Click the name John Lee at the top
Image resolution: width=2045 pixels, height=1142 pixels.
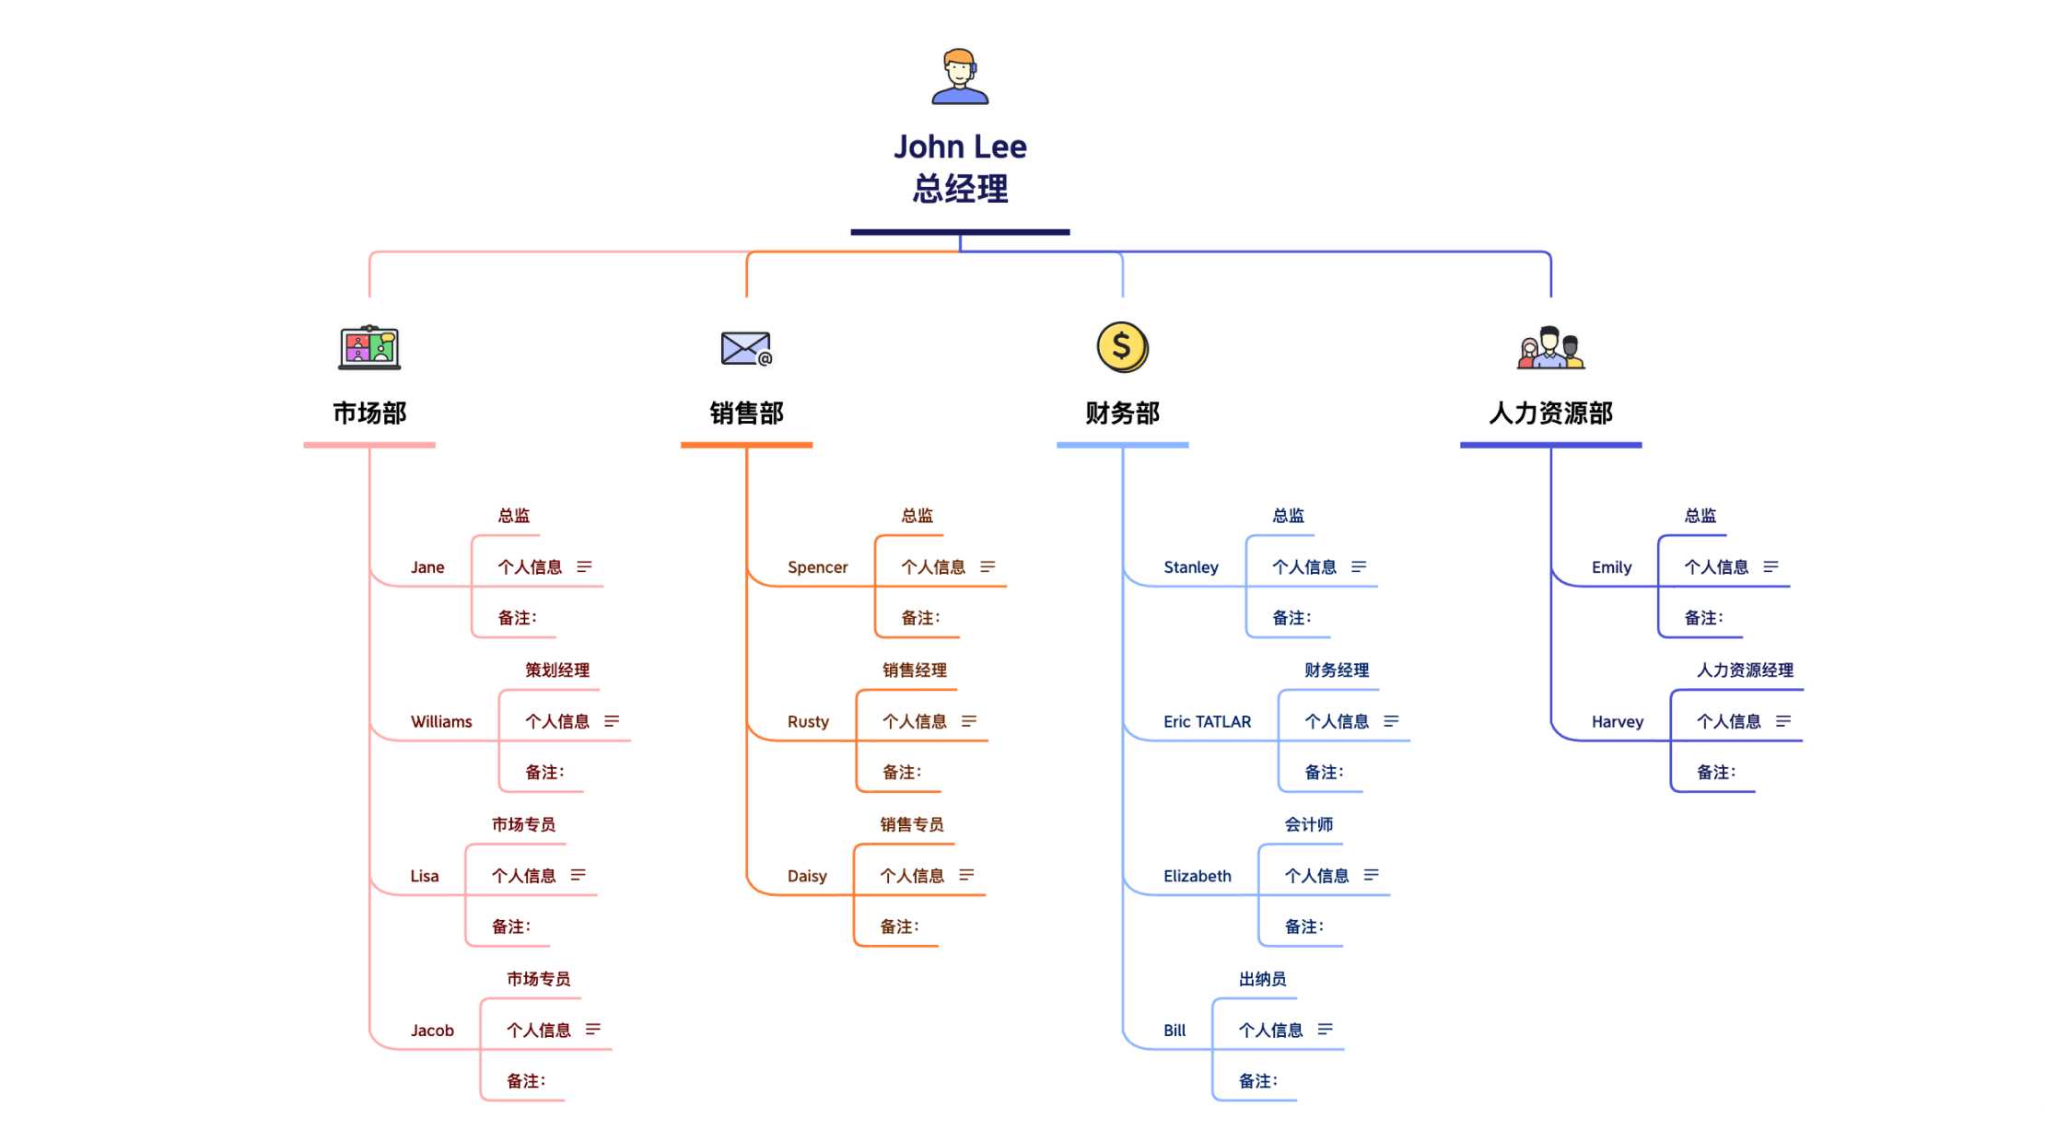[x=960, y=147]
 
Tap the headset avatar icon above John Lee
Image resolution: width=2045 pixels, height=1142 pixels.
[x=960, y=76]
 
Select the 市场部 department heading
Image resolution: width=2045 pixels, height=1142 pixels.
[x=369, y=414]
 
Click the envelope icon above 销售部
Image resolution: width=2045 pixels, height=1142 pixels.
[x=746, y=348]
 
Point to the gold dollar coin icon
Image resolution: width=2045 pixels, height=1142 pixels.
[x=1122, y=347]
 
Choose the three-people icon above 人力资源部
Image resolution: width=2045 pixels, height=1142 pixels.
[x=1550, y=348]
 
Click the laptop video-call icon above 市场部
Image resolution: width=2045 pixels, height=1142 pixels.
[x=369, y=347]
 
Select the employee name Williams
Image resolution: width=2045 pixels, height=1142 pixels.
[x=441, y=722]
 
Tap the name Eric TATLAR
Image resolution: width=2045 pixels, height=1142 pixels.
[x=1207, y=722]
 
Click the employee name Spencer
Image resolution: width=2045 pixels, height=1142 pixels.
[x=817, y=567]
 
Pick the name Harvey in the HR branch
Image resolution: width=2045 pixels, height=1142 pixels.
[x=1617, y=722]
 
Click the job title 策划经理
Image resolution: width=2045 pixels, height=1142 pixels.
[x=557, y=670]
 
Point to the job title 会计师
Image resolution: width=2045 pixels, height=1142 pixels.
[x=1309, y=824]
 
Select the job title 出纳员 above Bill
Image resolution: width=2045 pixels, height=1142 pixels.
[x=1262, y=979]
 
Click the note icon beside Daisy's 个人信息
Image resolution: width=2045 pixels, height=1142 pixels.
[x=966, y=875]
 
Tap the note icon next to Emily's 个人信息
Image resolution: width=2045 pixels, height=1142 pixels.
[x=1770, y=566]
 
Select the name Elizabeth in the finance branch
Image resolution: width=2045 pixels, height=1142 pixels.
[x=1197, y=876]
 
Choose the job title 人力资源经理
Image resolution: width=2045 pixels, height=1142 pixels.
[x=1745, y=670]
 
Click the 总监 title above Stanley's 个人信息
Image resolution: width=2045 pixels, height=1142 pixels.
[x=1288, y=516]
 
